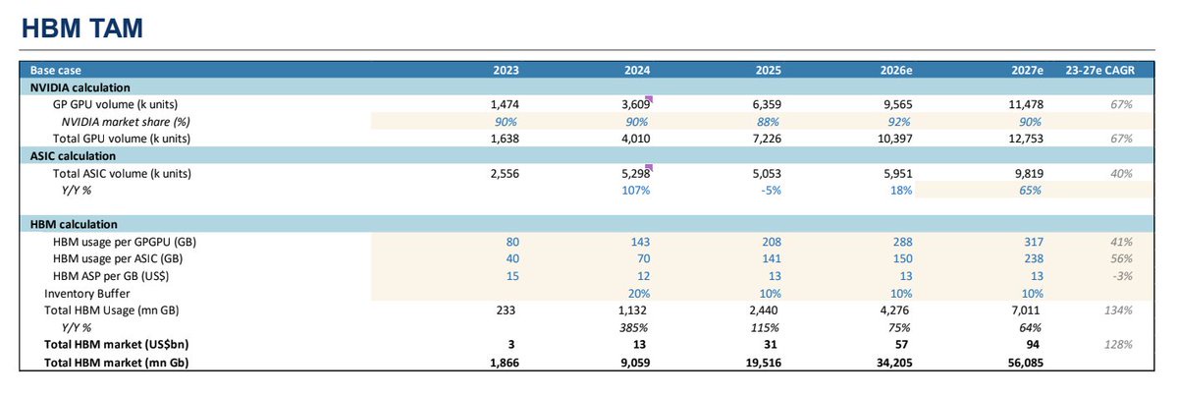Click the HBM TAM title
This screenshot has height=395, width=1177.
[x=81, y=28]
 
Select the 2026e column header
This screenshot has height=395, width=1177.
[x=896, y=71]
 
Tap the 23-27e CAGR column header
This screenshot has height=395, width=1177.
[x=1098, y=71]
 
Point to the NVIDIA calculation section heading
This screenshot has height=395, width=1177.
[x=80, y=87]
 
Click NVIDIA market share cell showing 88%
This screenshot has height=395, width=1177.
[x=770, y=122]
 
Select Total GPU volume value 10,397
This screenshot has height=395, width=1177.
[x=894, y=139]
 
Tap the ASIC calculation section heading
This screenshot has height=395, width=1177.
[x=73, y=156]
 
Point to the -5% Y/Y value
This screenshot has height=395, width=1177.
[x=771, y=191]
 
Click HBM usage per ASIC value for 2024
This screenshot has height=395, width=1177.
[x=642, y=259]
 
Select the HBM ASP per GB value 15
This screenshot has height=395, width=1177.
[x=512, y=276]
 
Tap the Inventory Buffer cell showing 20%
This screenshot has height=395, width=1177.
[x=639, y=294]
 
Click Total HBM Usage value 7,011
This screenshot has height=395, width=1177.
[x=1029, y=310]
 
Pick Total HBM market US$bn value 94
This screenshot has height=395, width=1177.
[x=1036, y=346]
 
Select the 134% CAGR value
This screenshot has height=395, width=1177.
[x=1119, y=310]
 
